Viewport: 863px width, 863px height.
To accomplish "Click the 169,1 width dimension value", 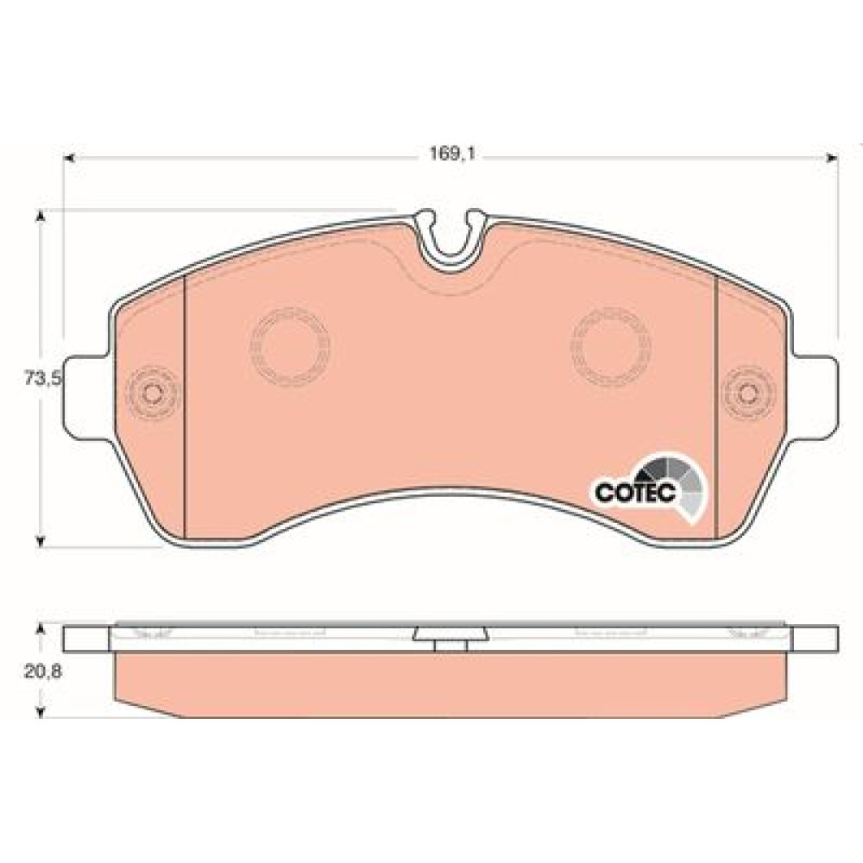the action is tap(452, 154).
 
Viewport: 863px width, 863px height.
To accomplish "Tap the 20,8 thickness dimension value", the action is tap(42, 671).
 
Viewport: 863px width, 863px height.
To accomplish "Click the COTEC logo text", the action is tap(635, 492).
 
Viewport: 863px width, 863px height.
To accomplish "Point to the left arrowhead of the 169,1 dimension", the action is tap(69, 159).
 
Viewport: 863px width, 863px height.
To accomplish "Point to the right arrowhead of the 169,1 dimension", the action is tap(833, 159).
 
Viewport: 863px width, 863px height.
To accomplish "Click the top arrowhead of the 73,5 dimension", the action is tap(39, 215).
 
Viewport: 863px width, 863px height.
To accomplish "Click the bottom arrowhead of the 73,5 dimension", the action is tap(39, 542).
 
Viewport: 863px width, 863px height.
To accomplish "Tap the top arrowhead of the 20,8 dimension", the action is tap(39, 629).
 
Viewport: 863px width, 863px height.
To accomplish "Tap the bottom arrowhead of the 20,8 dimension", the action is tap(39, 712).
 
